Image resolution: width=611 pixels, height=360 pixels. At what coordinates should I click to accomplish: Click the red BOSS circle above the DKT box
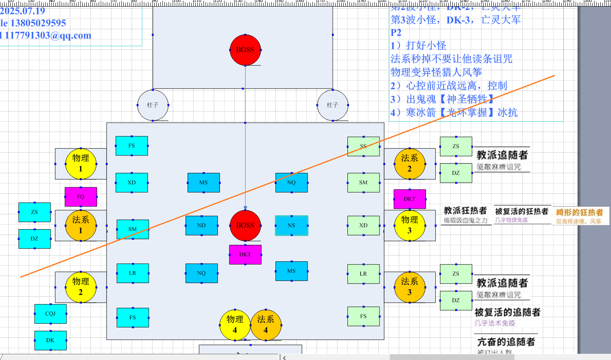[x=245, y=225]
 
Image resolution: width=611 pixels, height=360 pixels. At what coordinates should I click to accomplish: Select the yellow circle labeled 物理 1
[x=81, y=164]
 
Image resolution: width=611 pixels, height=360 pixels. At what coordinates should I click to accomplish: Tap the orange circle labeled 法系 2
[x=410, y=164]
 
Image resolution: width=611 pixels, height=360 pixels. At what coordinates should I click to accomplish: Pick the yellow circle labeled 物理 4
[x=235, y=325]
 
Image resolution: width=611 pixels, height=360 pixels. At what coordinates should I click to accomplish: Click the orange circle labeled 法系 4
[x=266, y=325]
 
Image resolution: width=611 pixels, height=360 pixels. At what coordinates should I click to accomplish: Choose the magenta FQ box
[x=81, y=197]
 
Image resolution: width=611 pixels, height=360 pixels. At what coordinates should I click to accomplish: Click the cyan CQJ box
[x=50, y=314]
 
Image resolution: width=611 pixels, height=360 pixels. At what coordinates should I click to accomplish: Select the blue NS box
[x=292, y=225]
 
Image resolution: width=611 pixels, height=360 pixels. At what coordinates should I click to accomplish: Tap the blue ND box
[x=201, y=225]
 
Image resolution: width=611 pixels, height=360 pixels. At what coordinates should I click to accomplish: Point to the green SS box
[x=363, y=146]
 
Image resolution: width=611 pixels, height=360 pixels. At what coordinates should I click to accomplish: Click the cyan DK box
[x=50, y=340]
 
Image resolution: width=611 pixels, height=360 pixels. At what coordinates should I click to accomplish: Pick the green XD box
[x=363, y=225]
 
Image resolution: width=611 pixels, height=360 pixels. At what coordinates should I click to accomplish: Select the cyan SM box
[x=132, y=229]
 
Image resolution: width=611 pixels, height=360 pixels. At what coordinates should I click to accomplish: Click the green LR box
[x=363, y=274]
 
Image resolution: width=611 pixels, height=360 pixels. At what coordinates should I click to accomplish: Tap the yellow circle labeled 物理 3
[x=410, y=225]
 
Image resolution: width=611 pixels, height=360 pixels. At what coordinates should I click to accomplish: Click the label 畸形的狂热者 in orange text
[x=580, y=213]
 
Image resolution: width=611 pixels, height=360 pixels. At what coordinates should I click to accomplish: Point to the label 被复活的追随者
[x=507, y=312]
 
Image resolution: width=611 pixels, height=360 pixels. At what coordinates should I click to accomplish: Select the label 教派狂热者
[x=465, y=211]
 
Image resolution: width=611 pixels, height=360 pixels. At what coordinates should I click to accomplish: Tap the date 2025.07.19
[x=23, y=11]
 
